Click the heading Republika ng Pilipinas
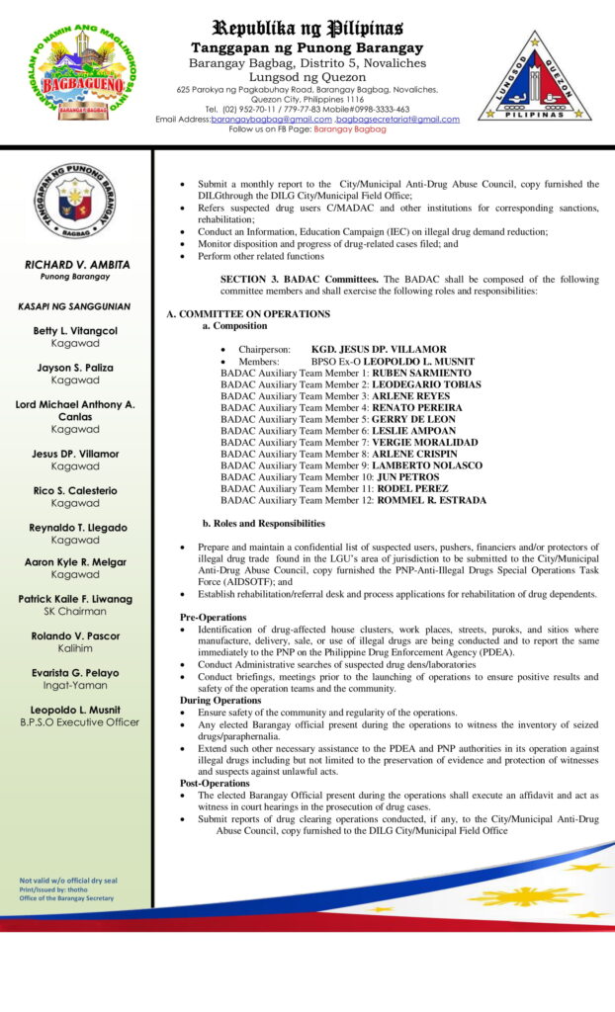(307, 27)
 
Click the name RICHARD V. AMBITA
(75, 265)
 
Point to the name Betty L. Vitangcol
(75, 330)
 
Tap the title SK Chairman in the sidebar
(75, 612)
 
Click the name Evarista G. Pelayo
(75, 672)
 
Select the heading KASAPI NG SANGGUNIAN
(75, 307)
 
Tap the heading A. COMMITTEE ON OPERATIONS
(248, 314)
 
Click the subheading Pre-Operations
(213, 618)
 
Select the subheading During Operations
(220, 700)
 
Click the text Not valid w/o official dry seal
(68, 881)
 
